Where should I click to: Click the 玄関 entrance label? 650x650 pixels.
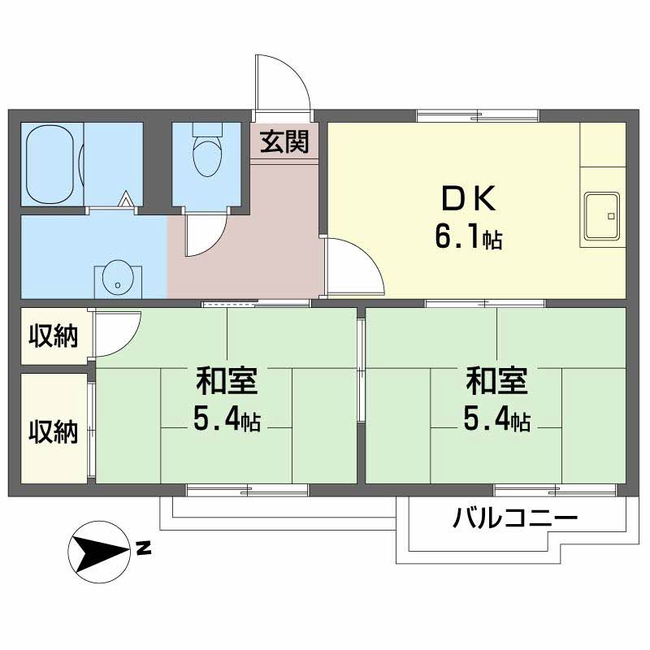pos(284,141)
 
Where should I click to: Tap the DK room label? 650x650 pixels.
pos(469,199)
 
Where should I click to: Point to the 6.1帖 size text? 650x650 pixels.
pos(469,236)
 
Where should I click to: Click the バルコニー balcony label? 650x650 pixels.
pos(515,518)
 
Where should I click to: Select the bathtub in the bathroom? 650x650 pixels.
pos(50,164)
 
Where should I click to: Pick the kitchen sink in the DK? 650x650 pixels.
pos(602,215)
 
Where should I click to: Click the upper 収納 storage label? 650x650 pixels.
pos(54,336)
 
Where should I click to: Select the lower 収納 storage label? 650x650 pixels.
pos(54,432)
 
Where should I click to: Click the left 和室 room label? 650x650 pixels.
pos(227,380)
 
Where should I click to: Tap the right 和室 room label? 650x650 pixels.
pos(497,380)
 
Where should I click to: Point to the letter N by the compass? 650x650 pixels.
pos(144,548)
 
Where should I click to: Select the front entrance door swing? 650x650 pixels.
pos(283,82)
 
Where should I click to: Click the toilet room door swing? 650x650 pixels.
pos(206,235)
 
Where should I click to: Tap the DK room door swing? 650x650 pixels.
pos(355,266)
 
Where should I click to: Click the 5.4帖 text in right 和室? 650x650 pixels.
pos(497,420)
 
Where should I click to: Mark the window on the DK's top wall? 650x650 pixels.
pos(478,115)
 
